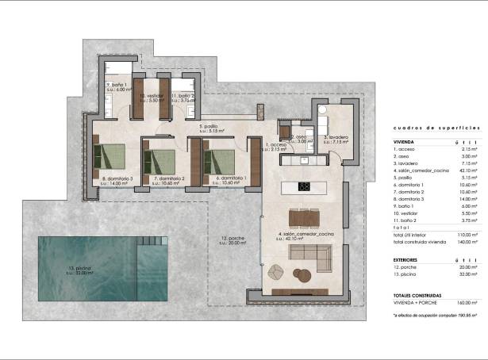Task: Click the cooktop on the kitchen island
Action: tap(305, 187)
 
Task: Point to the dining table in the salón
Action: tap(305, 218)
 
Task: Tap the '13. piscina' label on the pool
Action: tap(79, 270)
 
